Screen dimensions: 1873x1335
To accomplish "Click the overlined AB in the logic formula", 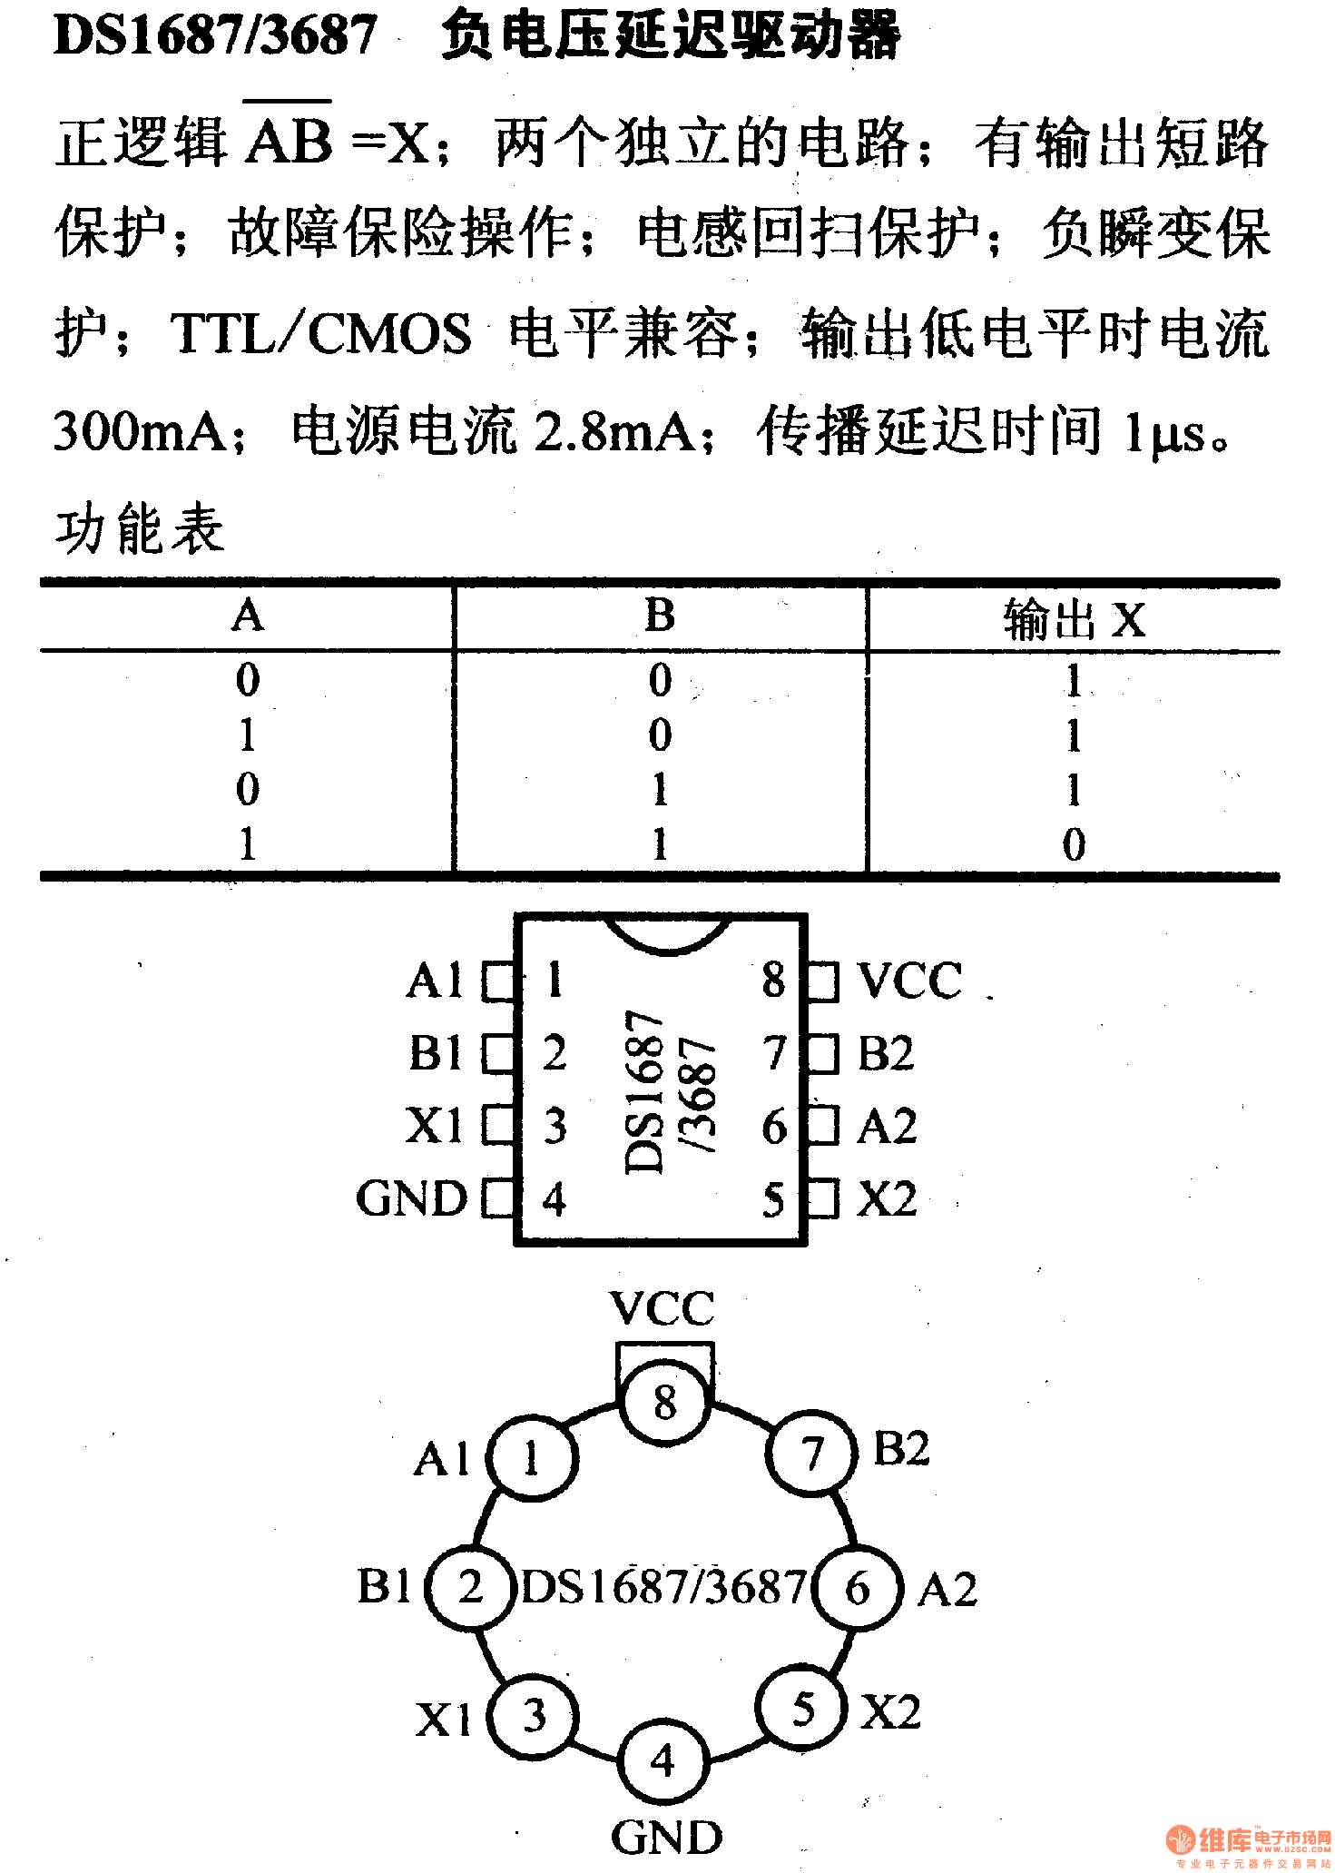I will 289,141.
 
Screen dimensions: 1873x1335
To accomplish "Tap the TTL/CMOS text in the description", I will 320,332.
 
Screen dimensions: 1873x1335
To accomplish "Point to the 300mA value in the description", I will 141,430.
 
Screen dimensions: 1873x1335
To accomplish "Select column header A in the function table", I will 248,616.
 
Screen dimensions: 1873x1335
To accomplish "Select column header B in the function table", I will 660,616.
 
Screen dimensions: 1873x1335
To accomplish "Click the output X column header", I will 1074,620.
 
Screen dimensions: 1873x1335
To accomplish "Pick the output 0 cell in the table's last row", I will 1074,844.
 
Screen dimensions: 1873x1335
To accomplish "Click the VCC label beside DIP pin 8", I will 909,981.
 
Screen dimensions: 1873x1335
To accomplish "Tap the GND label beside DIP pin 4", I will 411,1198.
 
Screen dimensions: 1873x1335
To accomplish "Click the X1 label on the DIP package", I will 434,1126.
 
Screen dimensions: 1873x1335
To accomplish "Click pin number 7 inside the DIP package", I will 773,1053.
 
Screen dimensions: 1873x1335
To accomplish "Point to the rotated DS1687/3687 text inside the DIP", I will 670,1089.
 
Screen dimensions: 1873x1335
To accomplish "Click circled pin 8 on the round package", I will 665,1401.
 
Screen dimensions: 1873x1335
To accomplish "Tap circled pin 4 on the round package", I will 663,1761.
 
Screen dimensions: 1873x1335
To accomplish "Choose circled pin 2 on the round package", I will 470,1587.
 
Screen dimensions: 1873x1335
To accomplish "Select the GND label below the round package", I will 666,1837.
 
